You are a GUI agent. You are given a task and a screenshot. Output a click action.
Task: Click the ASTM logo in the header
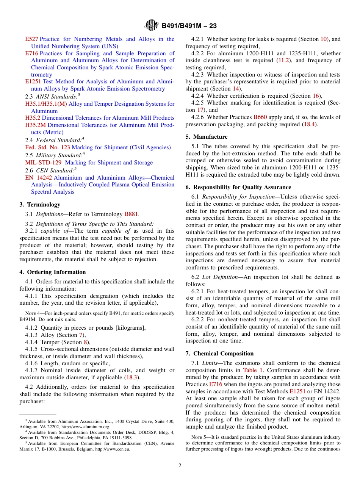tap(152, 26)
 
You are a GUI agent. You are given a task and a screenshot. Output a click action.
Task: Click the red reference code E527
tap(31, 39)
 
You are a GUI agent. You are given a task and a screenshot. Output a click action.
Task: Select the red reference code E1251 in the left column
tap(33, 81)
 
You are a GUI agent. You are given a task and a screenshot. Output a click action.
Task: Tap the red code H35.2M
tap(36, 125)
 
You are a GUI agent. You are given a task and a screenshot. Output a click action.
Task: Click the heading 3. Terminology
tap(40, 205)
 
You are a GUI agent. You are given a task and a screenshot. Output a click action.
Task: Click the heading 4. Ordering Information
tap(53, 272)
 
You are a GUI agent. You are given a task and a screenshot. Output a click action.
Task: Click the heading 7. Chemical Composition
tap(219, 354)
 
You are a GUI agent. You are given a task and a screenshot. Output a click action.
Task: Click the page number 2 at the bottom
tap(180, 466)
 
